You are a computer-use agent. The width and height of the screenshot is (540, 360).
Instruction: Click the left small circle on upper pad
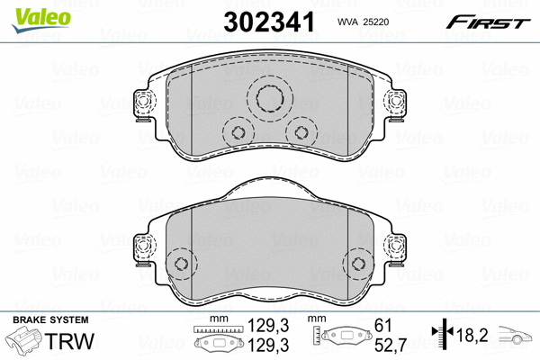(238, 132)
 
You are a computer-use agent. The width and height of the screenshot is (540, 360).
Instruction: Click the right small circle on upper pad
(298, 132)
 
